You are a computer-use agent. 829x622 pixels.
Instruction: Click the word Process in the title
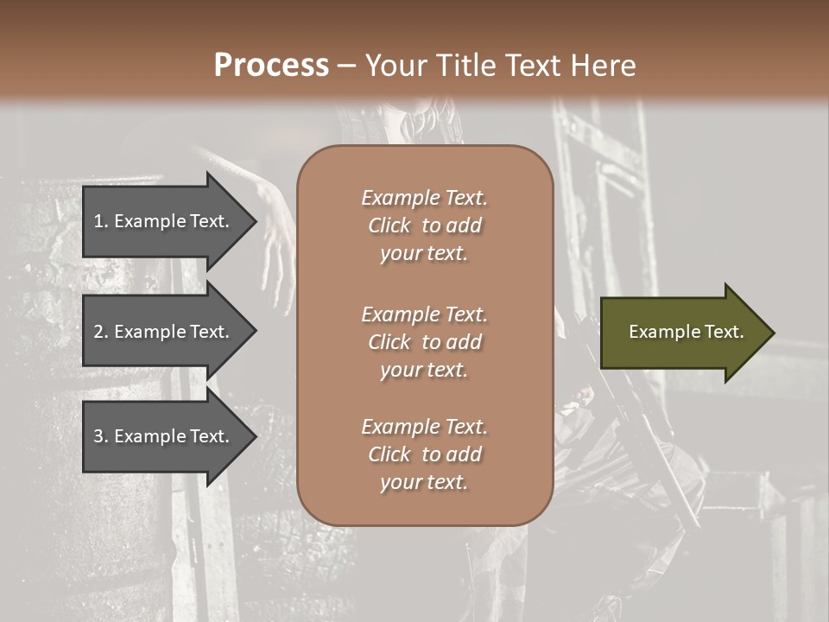[271, 66]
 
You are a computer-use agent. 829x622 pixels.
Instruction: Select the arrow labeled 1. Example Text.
[164, 221]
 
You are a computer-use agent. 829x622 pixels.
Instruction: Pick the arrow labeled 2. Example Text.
[164, 332]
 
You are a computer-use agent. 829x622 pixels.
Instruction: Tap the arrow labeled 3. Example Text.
[164, 436]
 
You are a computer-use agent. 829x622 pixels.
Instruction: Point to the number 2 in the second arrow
[98, 332]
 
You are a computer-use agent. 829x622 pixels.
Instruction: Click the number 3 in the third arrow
[98, 436]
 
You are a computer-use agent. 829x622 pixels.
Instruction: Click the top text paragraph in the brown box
[424, 225]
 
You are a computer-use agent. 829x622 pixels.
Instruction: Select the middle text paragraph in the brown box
[424, 342]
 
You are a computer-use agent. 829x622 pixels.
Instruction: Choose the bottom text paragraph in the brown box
[424, 454]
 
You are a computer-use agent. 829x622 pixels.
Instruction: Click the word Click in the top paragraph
[389, 225]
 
